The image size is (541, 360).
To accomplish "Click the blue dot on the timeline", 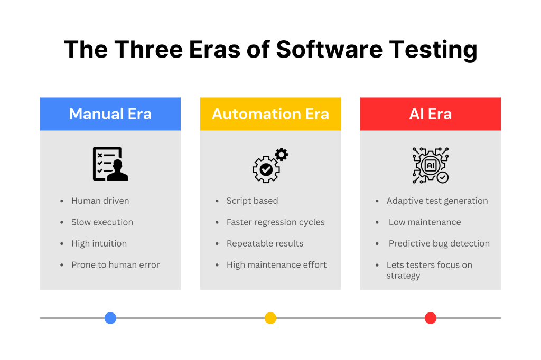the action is click(x=110, y=318).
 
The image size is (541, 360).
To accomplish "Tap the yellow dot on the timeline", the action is click(x=270, y=318).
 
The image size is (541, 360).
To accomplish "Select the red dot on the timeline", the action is click(x=431, y=318).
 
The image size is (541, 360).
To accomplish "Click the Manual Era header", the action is click(x=110, y=114).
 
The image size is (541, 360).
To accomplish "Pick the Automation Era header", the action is click(x=270, y=114).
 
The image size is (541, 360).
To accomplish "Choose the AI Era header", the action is click(x=431, y=114).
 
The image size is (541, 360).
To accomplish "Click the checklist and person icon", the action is click(x=110, y=164).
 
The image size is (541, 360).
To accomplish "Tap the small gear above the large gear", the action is click(x=282, y=155).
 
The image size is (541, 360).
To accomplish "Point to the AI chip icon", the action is click(x=431, y=165).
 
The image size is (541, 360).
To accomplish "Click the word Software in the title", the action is click(x=330, y=49).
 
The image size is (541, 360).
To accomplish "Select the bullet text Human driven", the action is click(x=100, y=201).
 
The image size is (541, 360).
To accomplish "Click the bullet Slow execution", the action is click(x=102, y=222).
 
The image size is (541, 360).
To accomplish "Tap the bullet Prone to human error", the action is click(x=116, y=265).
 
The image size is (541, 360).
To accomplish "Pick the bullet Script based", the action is click(x=252, y=201).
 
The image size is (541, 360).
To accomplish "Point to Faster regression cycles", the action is click(x=276, y=222).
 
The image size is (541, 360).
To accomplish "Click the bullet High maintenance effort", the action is click(x=276, y=265).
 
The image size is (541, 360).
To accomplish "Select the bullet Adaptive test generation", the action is click(x=437, y=201).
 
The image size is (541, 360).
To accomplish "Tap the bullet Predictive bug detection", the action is click(x=439, y=243).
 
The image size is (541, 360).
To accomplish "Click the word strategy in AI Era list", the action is click(x=403, y=276).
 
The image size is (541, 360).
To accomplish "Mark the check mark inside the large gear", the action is click(x=266, y=169).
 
